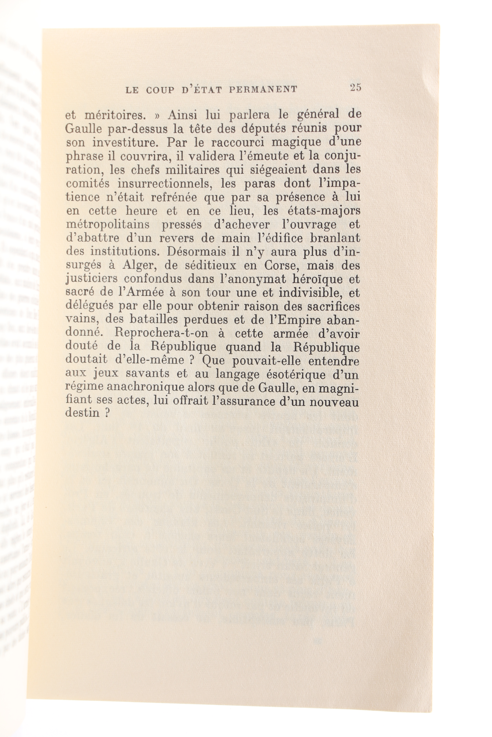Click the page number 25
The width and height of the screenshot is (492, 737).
coord(356,87)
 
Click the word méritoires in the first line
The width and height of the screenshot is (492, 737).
coord(114,116)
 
